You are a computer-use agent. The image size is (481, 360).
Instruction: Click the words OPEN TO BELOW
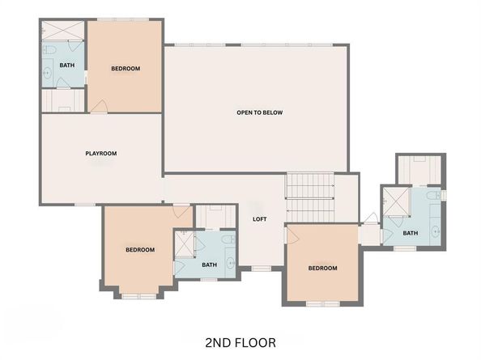[x=259, y=112]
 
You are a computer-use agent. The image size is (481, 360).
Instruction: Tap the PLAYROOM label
[x=101, y=154]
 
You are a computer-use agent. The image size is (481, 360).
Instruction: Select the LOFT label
[x=259, y=218]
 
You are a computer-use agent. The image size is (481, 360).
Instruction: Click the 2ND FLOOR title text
[x=240, y=343]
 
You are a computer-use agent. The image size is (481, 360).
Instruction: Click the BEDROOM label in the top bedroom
[x=126, y=69]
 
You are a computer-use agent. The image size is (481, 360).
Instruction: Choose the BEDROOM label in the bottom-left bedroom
[x=139, y=250]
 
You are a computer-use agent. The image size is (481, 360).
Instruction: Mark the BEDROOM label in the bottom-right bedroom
[x=322, y=268]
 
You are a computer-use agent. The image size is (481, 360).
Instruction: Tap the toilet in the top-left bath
[x=50, y=50]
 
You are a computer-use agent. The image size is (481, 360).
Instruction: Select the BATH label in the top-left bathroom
[x=66, y=65]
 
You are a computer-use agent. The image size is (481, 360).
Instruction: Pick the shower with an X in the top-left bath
[x=61, y=30]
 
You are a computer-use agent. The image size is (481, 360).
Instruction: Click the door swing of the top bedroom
[x=99, y=106]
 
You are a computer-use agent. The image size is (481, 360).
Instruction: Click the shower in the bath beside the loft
[x=185, y=242]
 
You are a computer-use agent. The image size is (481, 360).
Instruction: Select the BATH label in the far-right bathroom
[x=411, y=234]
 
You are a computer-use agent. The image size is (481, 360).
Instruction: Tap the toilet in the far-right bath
[x=435, y=195]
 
